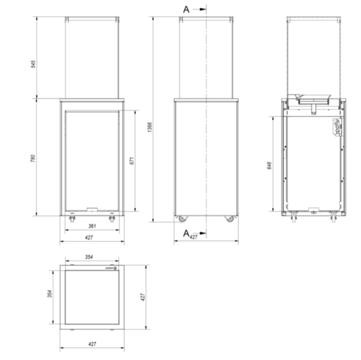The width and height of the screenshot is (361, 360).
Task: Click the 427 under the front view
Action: tap(89, 237)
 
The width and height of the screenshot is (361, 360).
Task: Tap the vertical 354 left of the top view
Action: tap(49, 293)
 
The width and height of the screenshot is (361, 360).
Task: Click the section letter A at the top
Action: tap(187, 9)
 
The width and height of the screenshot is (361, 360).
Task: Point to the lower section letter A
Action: tap(187, 233)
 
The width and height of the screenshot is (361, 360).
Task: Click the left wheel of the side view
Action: tap(181, 218)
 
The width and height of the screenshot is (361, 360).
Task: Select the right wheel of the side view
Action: tap(229, 218)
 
